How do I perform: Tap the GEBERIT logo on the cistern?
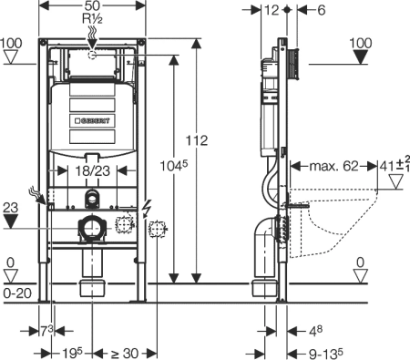(94, 119)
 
